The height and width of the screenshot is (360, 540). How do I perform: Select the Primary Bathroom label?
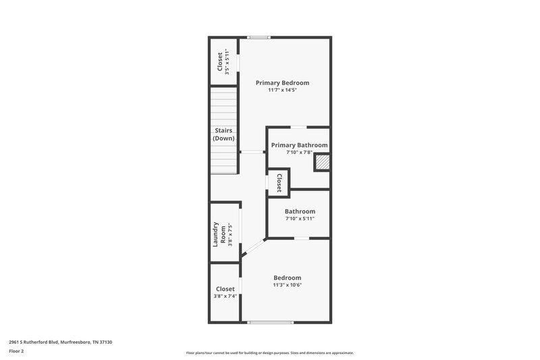click(x=299, y=145)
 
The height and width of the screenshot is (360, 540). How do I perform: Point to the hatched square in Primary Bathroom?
click(x=322, y=162)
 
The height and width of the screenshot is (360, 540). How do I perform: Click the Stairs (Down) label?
click(x=223, y=134)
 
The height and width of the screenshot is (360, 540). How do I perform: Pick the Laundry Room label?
click(x=219, y=233)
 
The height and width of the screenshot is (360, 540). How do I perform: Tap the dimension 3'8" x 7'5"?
click(x=230, y=233)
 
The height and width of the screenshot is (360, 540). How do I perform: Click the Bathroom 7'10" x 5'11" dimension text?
click(x=300, y=219)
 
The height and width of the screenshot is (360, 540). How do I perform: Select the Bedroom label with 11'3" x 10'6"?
click(x=287, y=278)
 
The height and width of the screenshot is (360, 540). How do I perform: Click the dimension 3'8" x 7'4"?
click(x=225, y=296)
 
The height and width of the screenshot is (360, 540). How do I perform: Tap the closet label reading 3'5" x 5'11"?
click(x=227, y=61)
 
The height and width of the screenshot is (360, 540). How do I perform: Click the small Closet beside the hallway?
click(x=278, y=182)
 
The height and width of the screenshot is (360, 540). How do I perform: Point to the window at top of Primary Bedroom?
click(x=259, y=37)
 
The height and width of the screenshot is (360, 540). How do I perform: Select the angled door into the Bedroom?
click(x=254, y=247)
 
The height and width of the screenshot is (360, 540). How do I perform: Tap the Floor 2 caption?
click(x=18, y=351)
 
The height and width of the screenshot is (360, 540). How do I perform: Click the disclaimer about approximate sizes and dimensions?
click(x=270, y=353)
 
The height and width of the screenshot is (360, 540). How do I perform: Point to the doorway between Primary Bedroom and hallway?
click(x=252, y=152)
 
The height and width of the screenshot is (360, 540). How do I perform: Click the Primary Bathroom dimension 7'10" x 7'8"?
click(x=299, y=152)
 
